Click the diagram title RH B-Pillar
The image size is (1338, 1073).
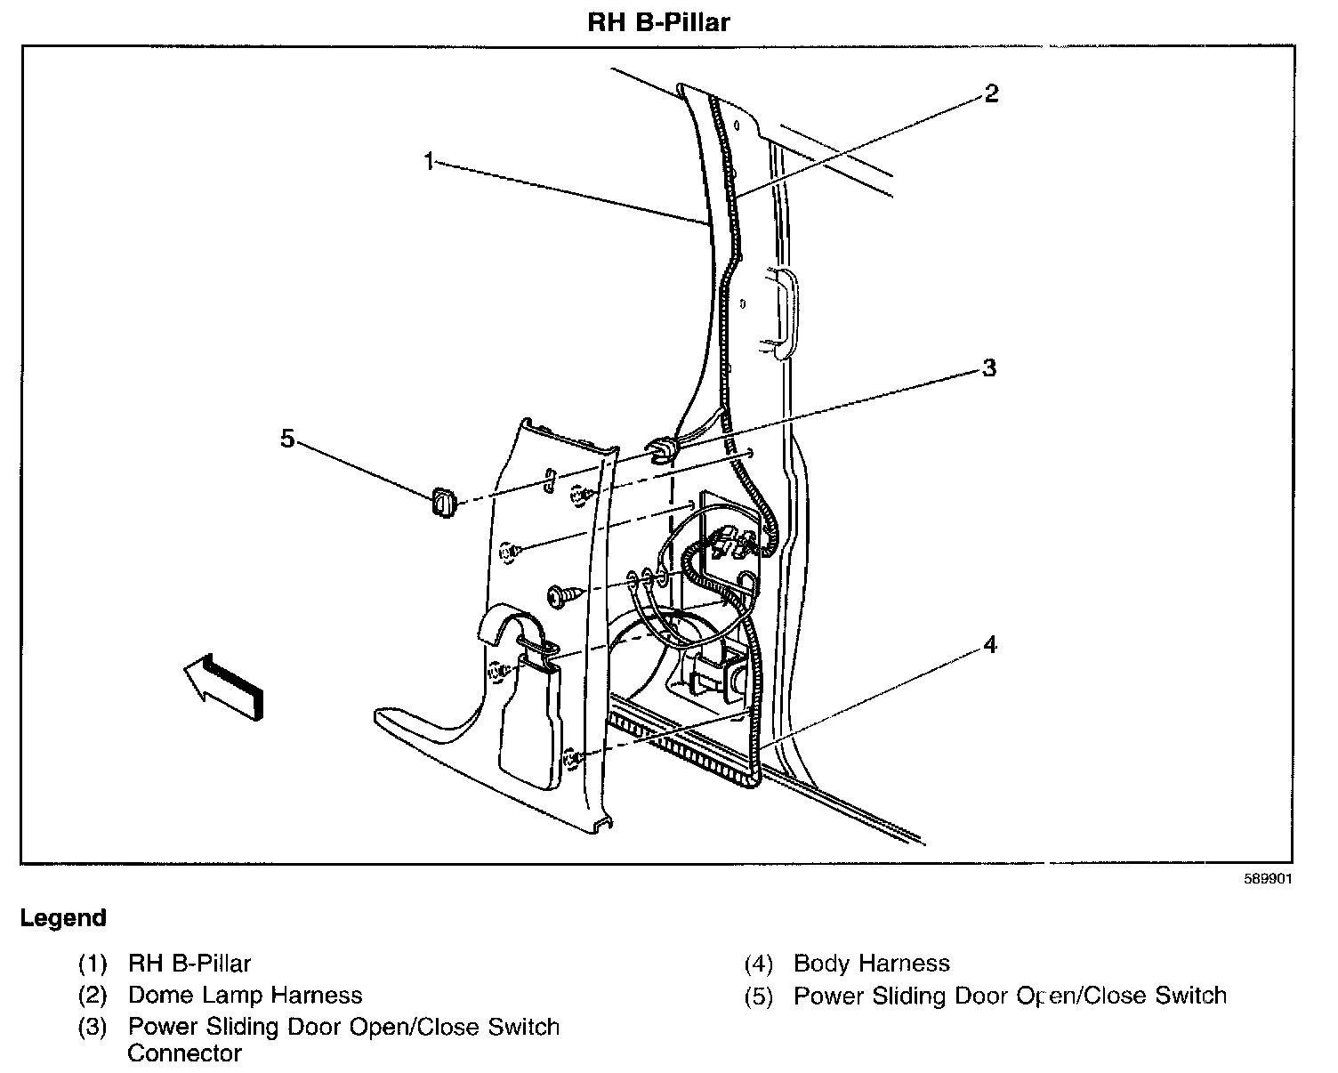tap(658, 21)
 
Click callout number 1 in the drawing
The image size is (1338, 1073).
tap(429, 162)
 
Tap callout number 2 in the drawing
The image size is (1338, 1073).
tap(991, 93)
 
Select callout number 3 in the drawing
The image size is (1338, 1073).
tap(988, 368)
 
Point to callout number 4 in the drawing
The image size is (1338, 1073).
tap(990, 645)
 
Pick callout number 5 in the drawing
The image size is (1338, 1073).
tap(287, 439)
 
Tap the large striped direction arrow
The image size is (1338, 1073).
tap(225, 682)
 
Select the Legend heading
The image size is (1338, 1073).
tap(63, 918)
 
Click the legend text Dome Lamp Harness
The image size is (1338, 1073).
tap(245, 996)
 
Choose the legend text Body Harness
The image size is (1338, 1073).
tap(871, 964)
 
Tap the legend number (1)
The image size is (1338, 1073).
tap(93, 964)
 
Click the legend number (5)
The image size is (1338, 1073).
tap(759, 996)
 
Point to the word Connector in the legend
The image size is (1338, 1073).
tap(184, 1054)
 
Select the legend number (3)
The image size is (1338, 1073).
tap(93, 1028)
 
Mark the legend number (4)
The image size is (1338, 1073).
tap(759, 964)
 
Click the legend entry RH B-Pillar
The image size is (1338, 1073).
tap(189, 964)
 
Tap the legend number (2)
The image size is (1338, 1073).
tap(93, 996)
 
